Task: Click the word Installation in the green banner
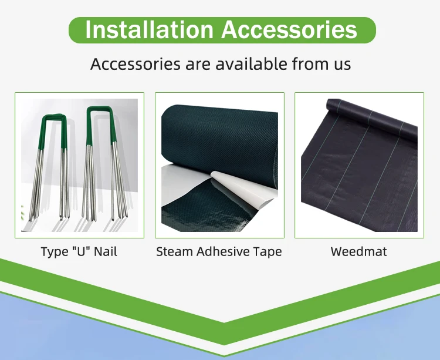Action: (x=149, y=29)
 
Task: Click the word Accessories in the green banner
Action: (x=289, y=29)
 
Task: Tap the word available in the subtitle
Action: (x=252, y=64)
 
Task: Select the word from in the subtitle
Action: (x=307, y=64)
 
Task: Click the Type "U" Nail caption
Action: (x=79, y=251)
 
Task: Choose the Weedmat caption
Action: (x=358, y=251)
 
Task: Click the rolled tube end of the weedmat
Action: (x=331, y=106)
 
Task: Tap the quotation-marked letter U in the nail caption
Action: (x=80, y=251)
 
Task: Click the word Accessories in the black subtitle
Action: (x=136, y=64)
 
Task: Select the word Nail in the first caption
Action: (x=105, y=251)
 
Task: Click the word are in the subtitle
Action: (x=198, y=65)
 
